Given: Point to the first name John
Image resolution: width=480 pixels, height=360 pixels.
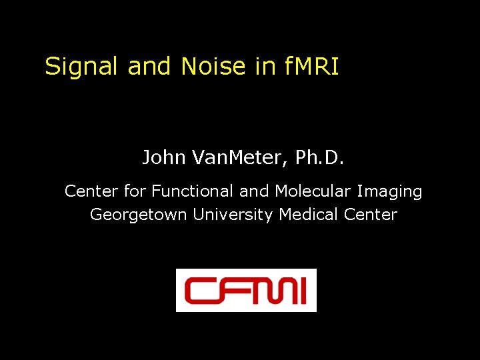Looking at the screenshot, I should click(x=164, y=158).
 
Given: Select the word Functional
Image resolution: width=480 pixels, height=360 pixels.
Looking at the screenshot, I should click(x=193, y=192).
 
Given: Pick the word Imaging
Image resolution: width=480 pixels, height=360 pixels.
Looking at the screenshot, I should click(x=390, y=192).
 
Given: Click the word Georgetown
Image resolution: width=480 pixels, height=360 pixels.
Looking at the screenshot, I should click(x=139, y=215).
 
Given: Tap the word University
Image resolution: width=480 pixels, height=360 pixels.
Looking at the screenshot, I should click(x=233, y=215).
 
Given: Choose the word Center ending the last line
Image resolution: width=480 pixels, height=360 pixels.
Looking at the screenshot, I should click(x=371, y=215).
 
